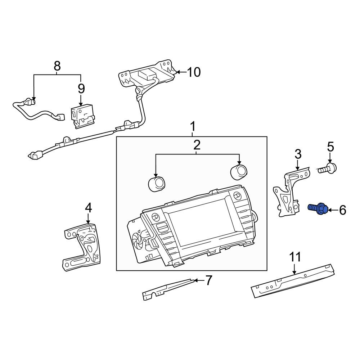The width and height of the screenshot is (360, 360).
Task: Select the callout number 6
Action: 343,210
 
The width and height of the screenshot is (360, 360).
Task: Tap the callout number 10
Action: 194,72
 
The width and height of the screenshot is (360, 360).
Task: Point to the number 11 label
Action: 295,257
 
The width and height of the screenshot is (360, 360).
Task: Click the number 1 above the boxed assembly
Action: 193,126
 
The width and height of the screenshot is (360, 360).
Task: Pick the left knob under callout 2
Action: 156,184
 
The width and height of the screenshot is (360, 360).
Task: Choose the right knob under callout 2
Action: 239,172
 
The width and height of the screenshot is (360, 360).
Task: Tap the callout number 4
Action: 89,208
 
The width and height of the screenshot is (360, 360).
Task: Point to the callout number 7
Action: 208,280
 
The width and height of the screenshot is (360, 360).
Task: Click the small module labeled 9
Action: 82,116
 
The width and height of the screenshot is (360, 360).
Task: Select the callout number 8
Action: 57,66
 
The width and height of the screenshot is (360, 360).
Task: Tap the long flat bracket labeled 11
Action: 293,280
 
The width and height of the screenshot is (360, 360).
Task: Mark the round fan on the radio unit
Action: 138,240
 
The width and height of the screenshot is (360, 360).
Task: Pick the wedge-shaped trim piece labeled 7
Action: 168,289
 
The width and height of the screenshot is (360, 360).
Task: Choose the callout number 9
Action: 81,89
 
